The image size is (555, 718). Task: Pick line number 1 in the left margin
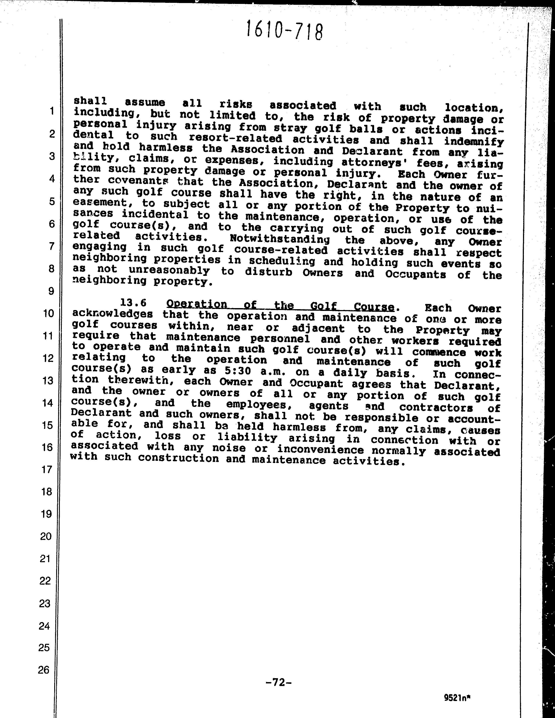(x=52, y=111)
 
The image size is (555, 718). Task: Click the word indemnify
(x=473, y=142)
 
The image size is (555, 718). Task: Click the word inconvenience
(x=321, y=449)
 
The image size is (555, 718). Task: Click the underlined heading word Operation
(x=197, y=304)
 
